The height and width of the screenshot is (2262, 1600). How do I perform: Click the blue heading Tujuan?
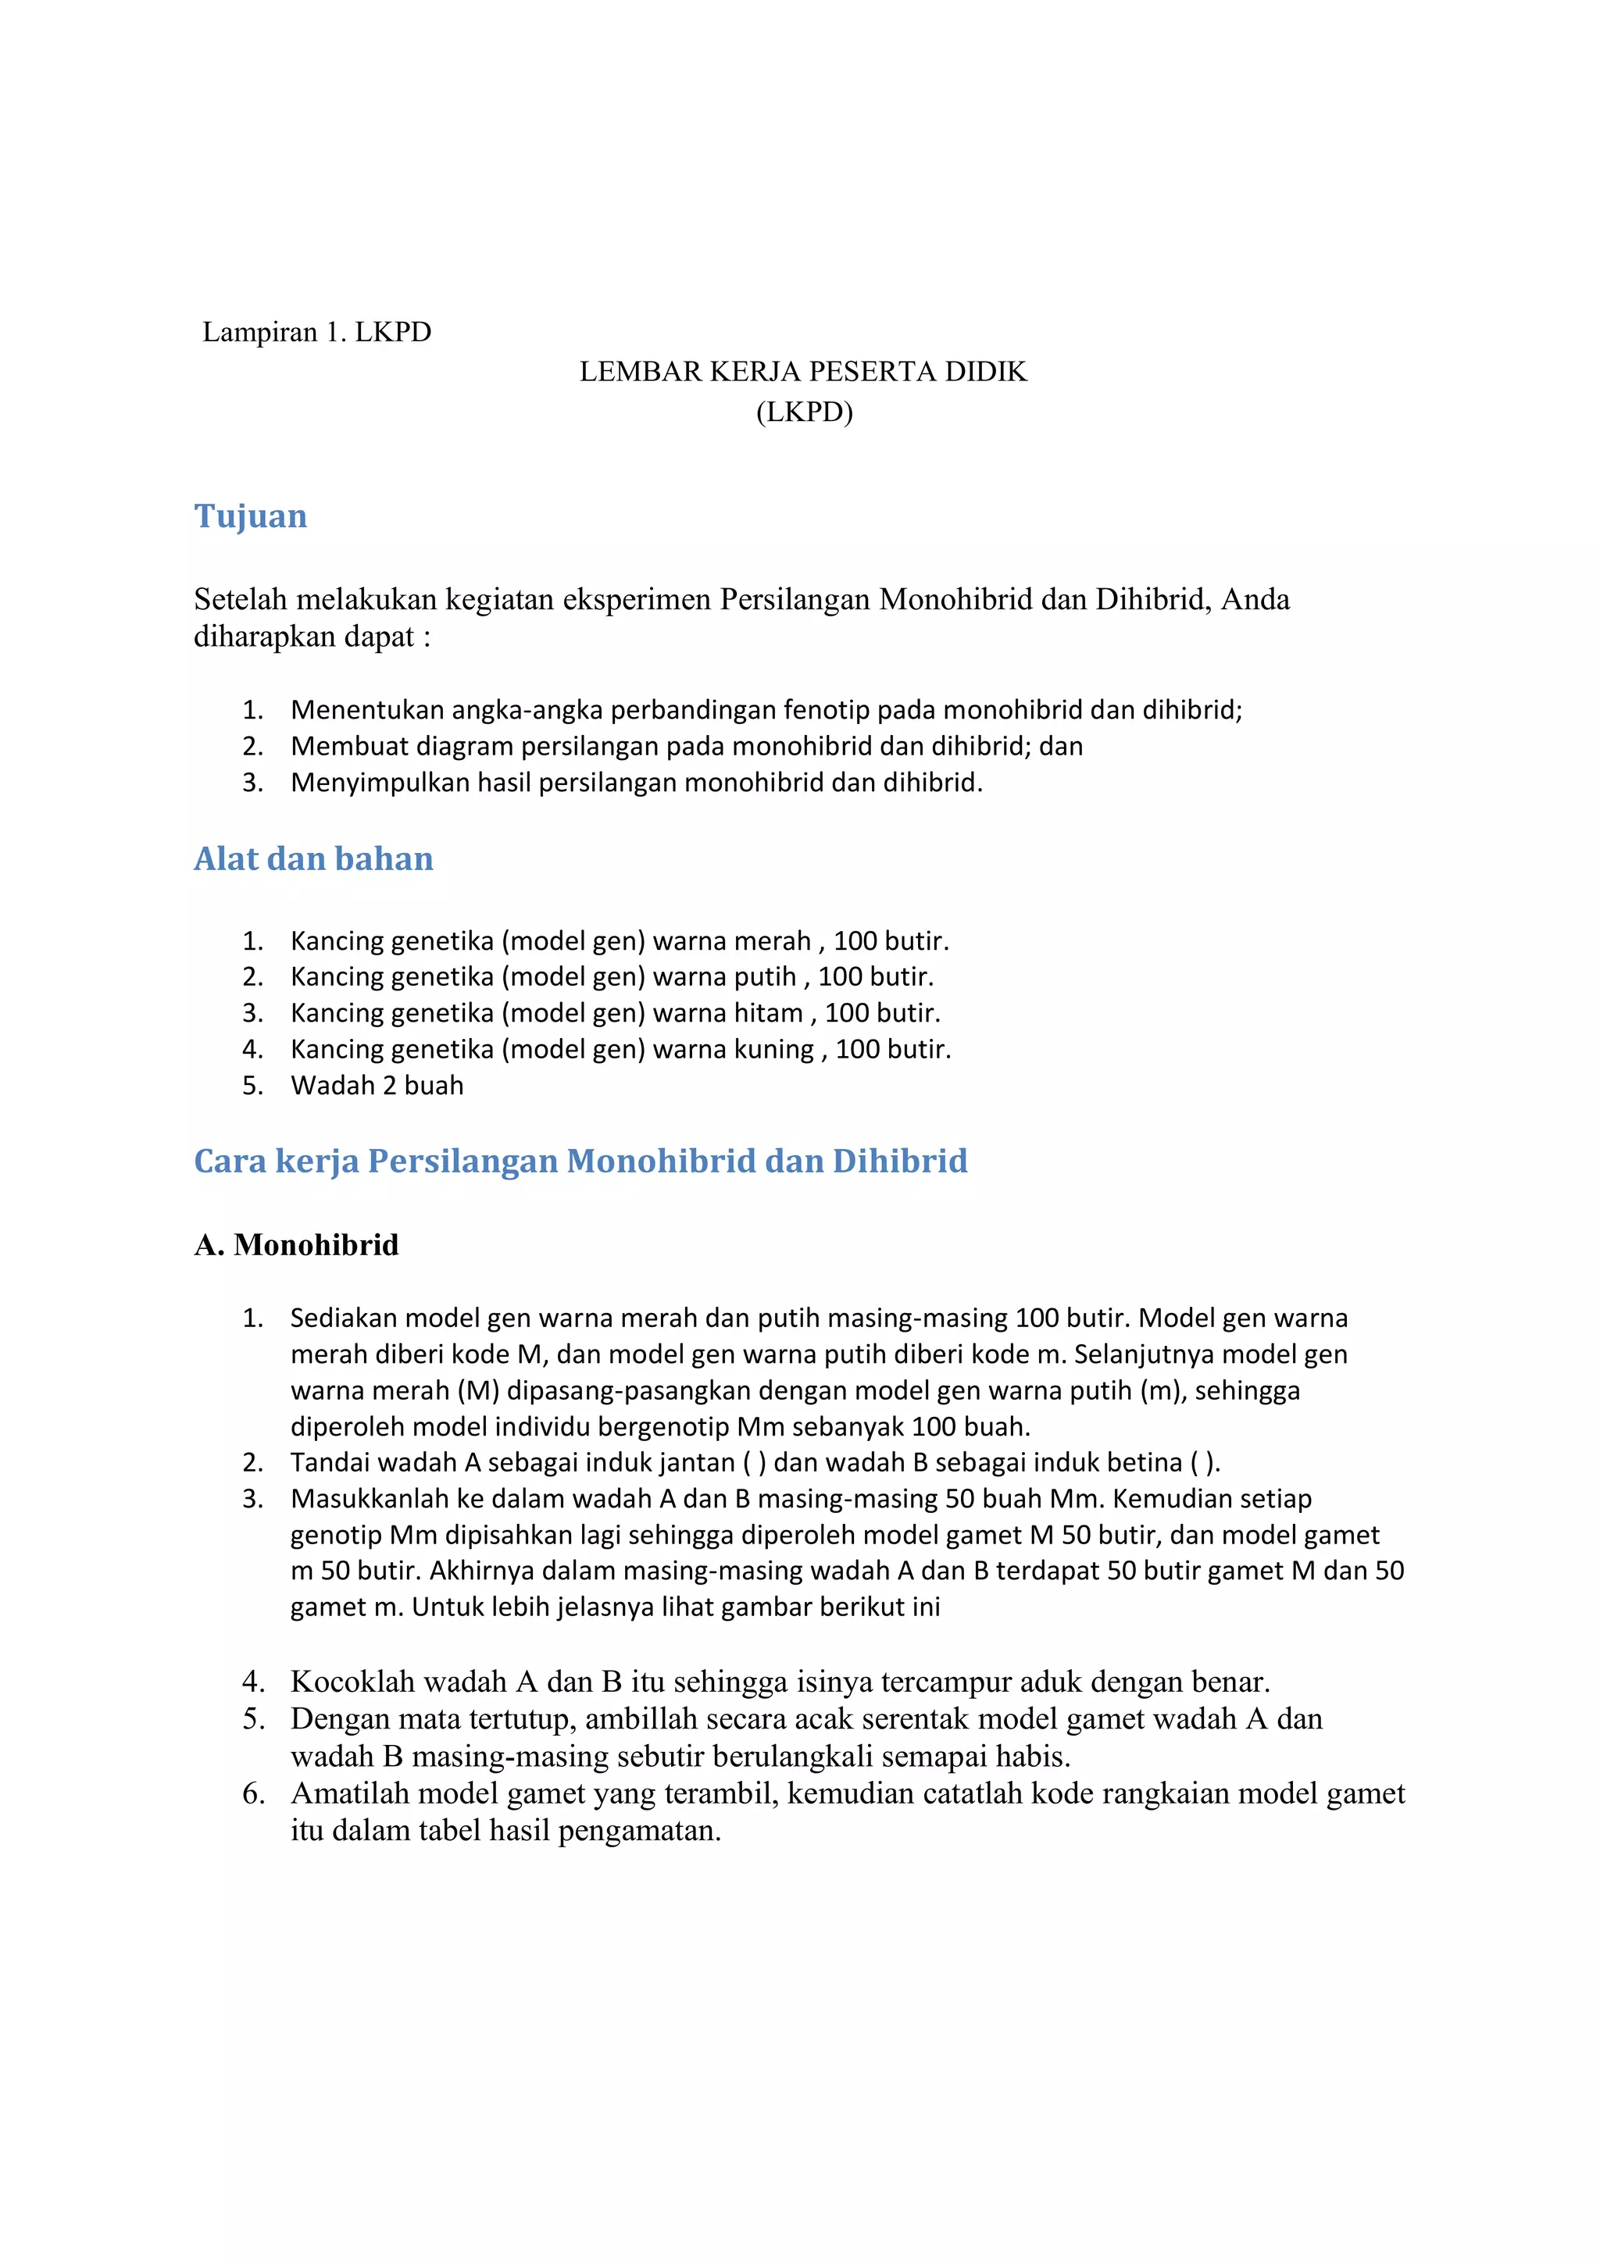pyautogui.click(x=250, y=516)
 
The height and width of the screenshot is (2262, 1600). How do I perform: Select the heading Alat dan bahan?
pyautogui.click(x=313, y=858)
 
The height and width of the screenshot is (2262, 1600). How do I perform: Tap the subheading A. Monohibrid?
pyautogui.click(x=297, y=1244)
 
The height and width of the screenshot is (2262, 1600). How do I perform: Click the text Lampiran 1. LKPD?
pyautogui.click(x=316, y=332)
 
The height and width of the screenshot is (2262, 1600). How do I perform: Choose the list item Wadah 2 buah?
pyautogui.click(x=377, y=1086)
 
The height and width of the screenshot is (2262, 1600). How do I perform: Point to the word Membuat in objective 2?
pyautogui.click(x=341, y=747)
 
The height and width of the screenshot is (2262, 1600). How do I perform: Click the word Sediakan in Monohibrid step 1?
pyautogui.click(x=343, y=1318)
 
